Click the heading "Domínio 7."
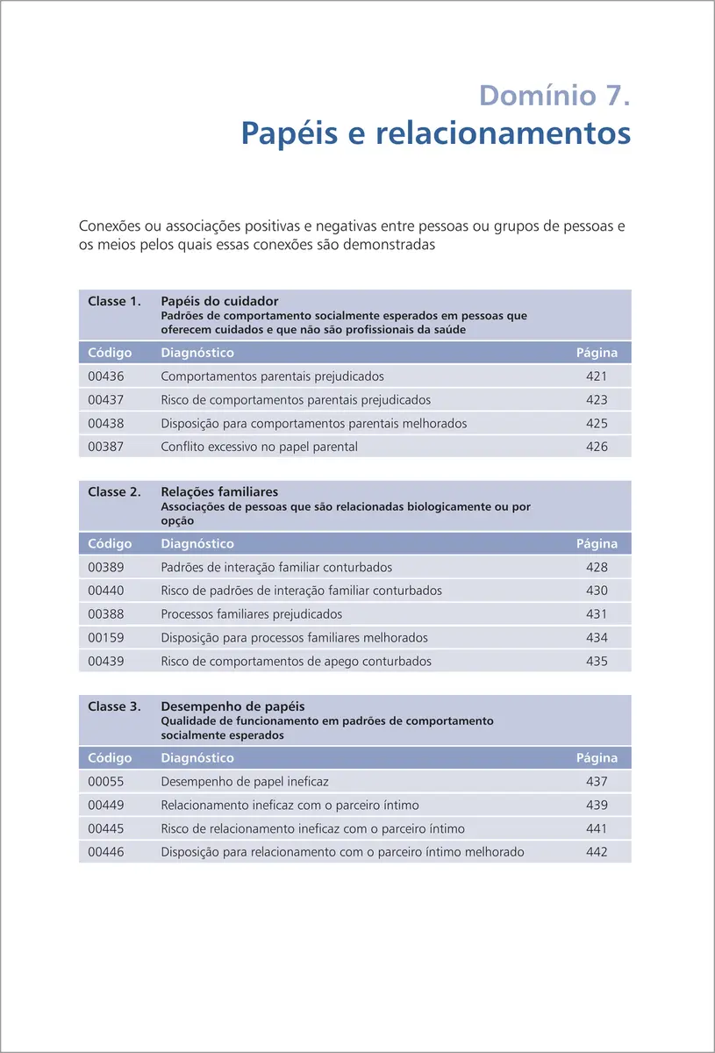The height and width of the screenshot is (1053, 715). coord(554,95)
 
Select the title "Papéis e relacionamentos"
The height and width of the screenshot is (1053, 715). coord(435,134)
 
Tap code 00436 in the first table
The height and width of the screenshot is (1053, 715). coord(106,376)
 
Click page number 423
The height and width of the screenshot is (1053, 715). coord(597,400)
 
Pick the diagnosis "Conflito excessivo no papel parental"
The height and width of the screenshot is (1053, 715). coord(259,447)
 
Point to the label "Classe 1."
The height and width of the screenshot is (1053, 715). coord(114,302)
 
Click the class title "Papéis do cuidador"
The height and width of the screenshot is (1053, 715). coord(219,302)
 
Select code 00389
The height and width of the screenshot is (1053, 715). coord(106,568)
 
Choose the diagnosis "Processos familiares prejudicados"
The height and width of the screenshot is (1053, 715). coord(251,614)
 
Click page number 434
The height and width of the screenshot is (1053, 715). coord(597,638)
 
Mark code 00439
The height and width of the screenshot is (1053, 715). coord(106,662)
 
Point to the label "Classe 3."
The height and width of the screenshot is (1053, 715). coord(114,706)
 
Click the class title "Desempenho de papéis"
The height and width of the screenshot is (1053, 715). coord(232,706)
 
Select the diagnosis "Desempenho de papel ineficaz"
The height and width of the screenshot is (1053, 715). coord(245,782)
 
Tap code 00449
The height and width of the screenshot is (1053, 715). coord(106,806)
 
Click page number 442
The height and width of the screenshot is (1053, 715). coord(597,852)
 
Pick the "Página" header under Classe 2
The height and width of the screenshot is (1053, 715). coord(597,544)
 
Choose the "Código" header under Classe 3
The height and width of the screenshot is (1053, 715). coord(110,758)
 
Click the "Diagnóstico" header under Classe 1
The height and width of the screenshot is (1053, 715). coord(197,353)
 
